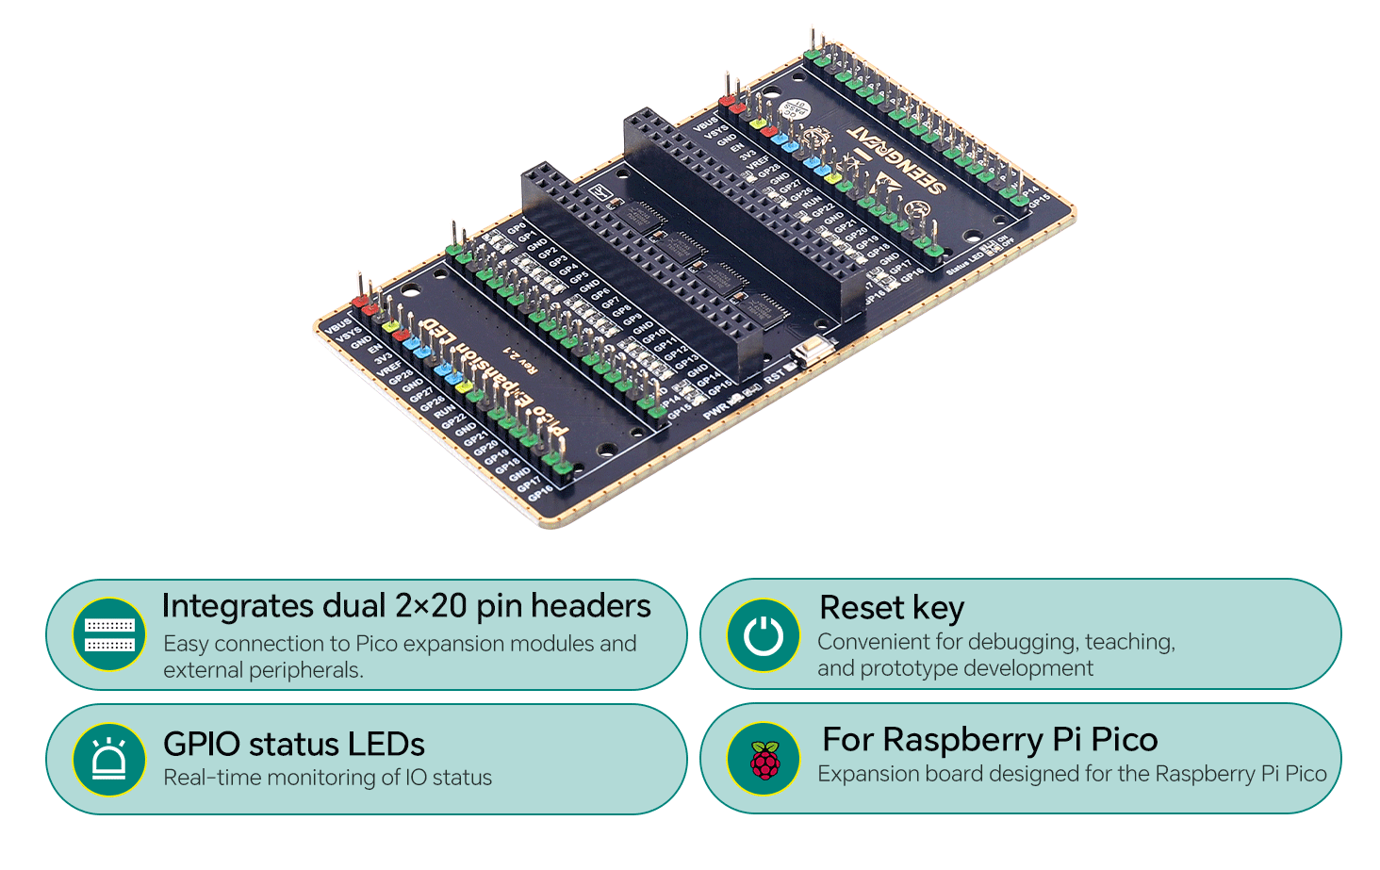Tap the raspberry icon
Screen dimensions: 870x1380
click(764, 760)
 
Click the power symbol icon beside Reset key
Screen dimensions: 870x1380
click(764, 635)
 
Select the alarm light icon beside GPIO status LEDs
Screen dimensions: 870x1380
click(109, 760)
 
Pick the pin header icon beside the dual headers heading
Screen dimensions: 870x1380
click(109, 635)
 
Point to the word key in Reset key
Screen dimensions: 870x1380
click(938, 609)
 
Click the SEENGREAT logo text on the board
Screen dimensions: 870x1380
click(896, 159)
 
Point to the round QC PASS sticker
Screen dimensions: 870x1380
click(797, 109)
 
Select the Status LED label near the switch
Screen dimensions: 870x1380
click(963, 263)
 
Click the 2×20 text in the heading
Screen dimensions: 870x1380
click(431, 606)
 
